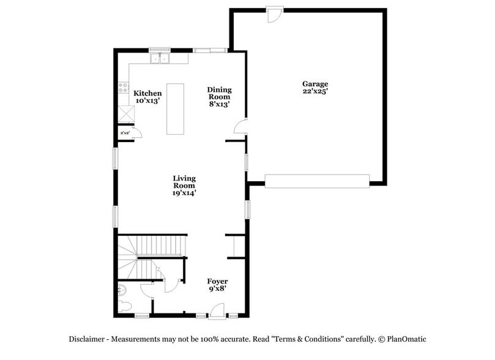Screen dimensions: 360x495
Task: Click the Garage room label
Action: [x=315, y=84]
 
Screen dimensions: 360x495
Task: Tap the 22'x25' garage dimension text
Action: [x=315, y=91]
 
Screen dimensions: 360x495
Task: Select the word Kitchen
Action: [x=148, y=93]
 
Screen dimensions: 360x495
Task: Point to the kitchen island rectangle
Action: [x=176, y=108]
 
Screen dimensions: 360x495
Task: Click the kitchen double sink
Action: [x=160, y=59]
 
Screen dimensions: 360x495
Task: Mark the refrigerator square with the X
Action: [x=126, y=114]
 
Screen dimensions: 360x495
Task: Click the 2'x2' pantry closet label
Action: [x=125, y=133]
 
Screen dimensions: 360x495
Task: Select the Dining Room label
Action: [x=218, y=93]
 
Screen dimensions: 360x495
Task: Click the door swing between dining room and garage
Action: [x=241, y=127]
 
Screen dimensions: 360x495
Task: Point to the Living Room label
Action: [x=184, y=182]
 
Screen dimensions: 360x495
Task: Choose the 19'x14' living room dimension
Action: [x=184, y=193]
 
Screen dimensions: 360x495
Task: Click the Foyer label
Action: [x=217, y=281]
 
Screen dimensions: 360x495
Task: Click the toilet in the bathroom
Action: [x=124, y=307]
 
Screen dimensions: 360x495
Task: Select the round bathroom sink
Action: [x=122, y=289]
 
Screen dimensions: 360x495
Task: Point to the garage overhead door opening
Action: [x=317, y=179]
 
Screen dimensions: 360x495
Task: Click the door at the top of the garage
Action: [x=275, y=12]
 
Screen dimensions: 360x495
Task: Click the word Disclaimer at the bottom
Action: [x=89, y=339]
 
